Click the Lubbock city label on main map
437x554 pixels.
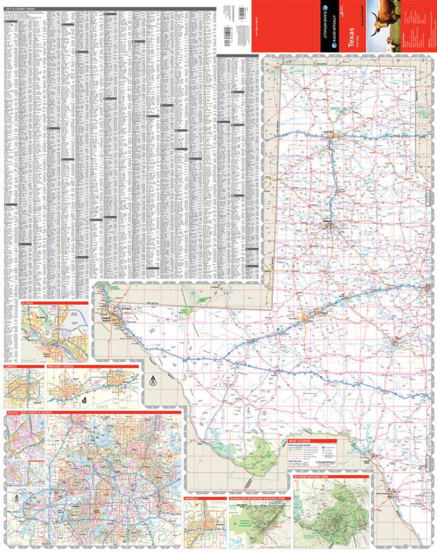(x=327, y=222)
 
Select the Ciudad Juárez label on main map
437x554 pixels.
(x=114, y=318)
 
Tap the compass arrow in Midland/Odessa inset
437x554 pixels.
(x=82, y=399)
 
